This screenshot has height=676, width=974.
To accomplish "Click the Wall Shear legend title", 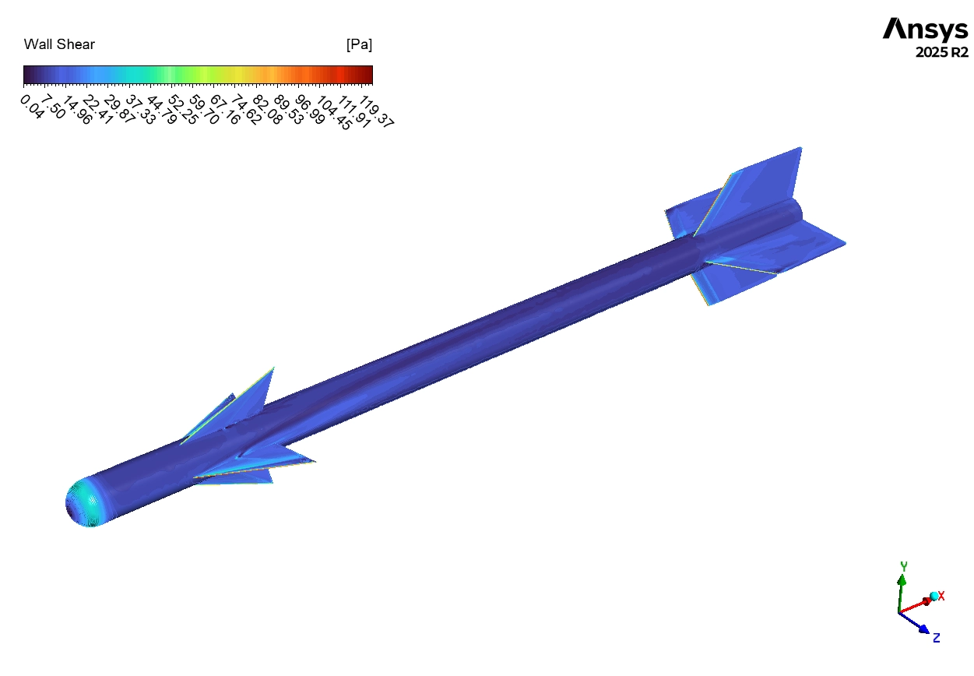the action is [x=59, y=44].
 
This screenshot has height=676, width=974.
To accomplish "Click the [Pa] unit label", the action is [x=359, y=44].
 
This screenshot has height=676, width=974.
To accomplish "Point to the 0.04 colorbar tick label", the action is [x=32, y=107].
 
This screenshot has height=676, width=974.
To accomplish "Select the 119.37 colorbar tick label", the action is [x=377, y=111].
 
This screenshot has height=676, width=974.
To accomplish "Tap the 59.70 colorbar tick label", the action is [x=204, y=110].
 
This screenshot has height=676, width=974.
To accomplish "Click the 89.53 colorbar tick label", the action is [x=288, y=110].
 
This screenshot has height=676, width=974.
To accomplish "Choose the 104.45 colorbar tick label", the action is [x=334, y=113].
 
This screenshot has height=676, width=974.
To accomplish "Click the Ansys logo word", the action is [x=925, y=29].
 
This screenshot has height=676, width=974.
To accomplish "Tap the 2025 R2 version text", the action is [x=942, y=52].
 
